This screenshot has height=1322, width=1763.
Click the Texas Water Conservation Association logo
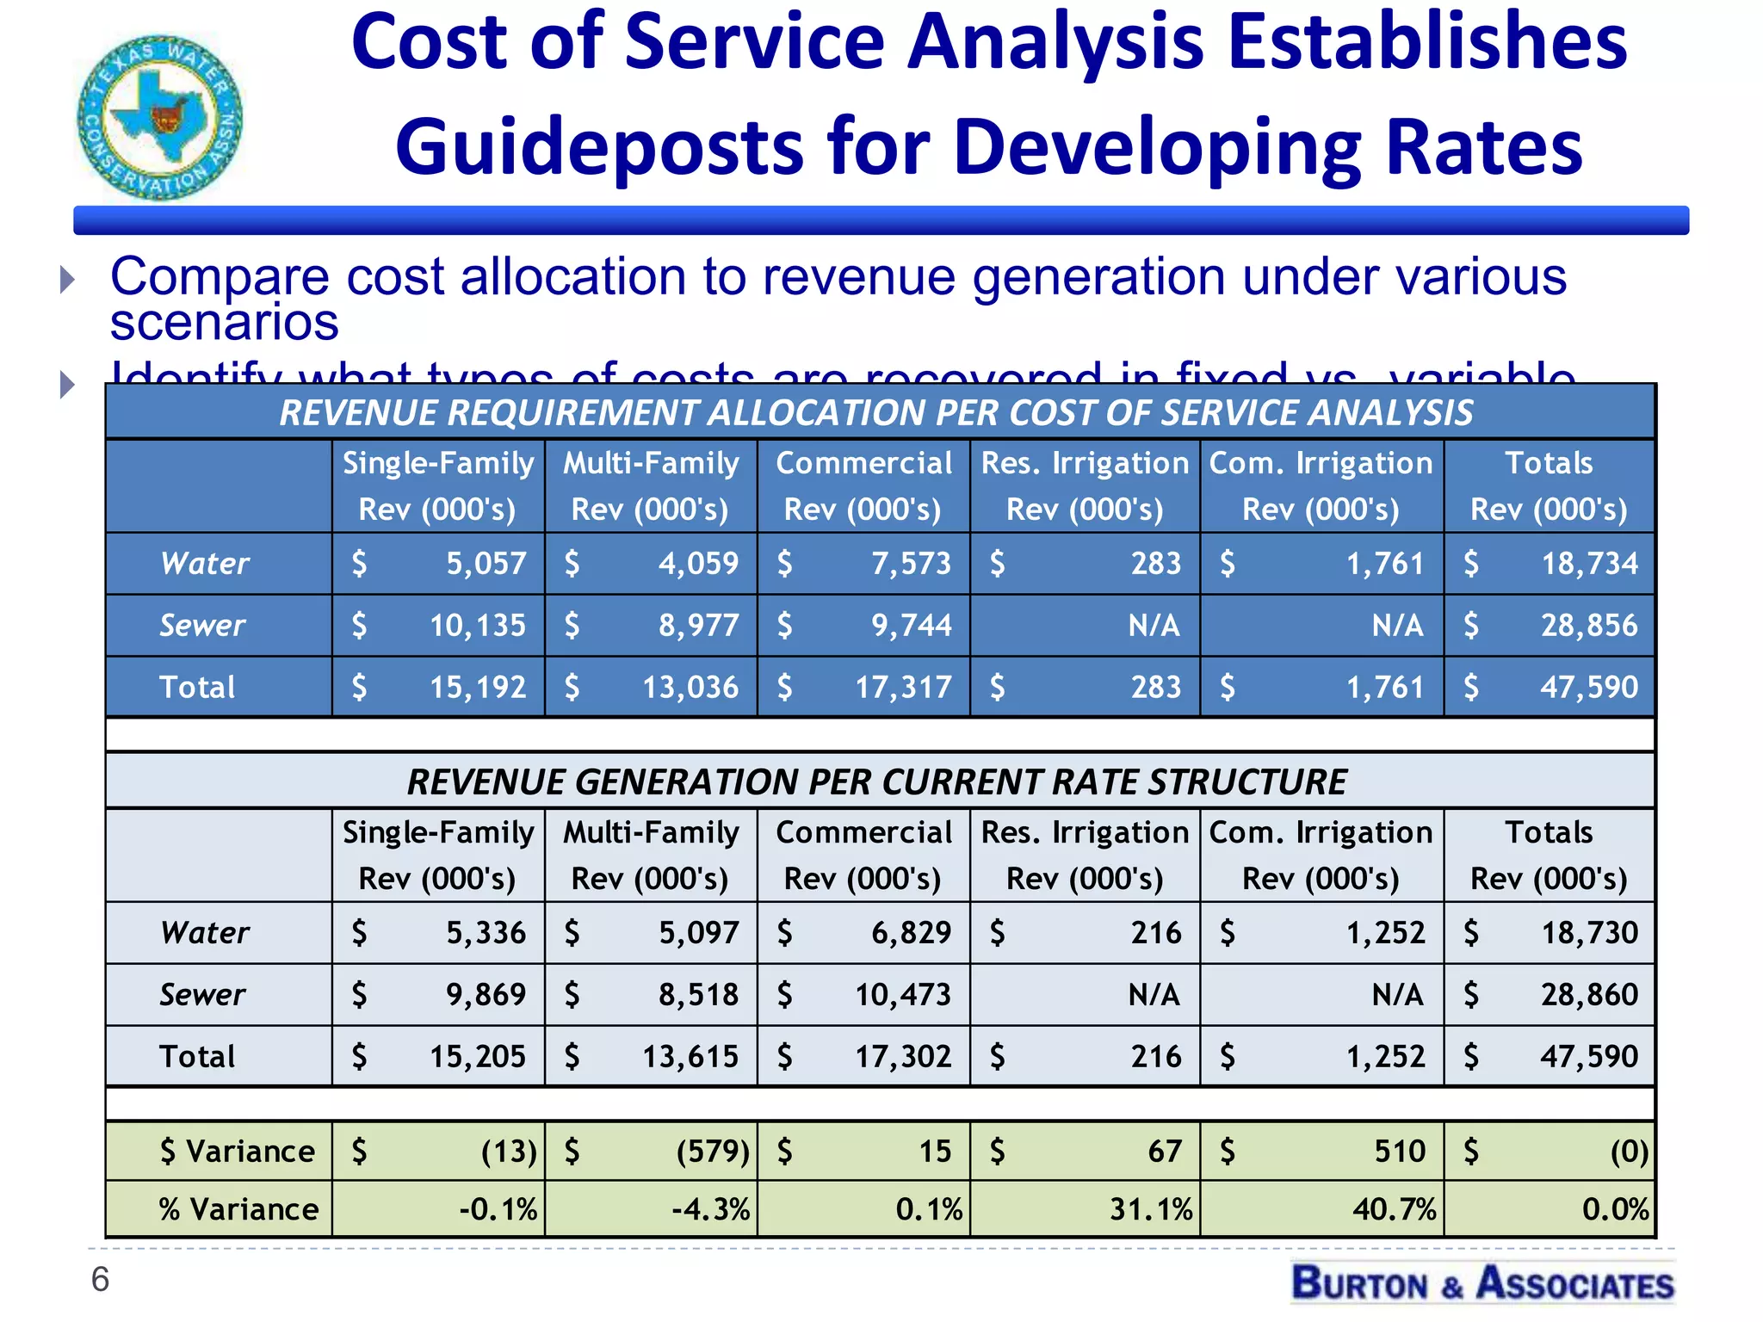pyautogui.click(x=159, y=118)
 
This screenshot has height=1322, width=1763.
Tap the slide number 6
pyautogui.click(x=100, y=1280)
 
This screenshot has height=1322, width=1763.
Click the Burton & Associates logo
pyautogui.click(x=1482, y=1283)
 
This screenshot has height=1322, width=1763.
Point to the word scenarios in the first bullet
pyautogui.click(x=225, y=323)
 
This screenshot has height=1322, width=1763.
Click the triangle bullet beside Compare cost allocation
pyautogui.click(x=67, y=279)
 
